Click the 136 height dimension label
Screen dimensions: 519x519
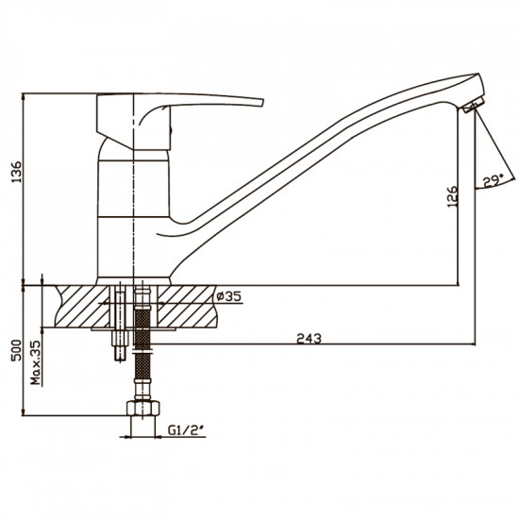16,172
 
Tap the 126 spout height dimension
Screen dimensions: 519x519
452,196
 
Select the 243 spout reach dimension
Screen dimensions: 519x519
309,338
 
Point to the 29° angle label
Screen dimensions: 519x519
494,181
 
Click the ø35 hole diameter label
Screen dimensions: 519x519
228,296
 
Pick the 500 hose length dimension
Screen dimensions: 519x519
16,350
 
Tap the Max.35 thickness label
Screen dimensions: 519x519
36,362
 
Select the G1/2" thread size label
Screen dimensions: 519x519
186,430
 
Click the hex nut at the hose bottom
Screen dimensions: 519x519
143,408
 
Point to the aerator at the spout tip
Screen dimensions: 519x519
474,105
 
